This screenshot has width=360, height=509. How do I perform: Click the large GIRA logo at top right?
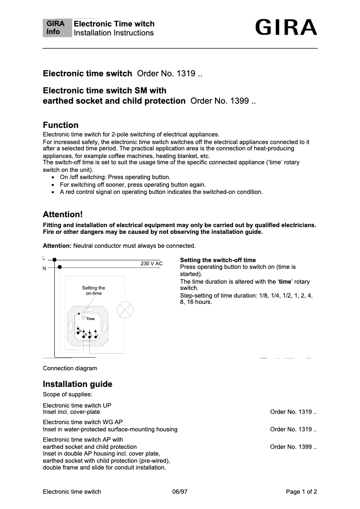286,27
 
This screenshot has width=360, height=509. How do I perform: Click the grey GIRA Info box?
57,28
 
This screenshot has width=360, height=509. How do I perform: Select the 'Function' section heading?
61,125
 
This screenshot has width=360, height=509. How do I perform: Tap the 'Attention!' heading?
63,214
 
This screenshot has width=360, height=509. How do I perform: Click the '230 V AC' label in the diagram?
152,263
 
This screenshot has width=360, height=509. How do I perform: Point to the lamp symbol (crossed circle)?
125,310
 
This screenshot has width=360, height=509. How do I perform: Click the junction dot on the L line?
54,259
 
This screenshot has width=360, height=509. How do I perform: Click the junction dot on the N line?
59,267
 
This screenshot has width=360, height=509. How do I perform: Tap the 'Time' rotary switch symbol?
84,317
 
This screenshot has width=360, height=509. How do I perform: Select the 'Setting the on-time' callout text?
93,290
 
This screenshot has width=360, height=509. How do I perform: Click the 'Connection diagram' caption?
70,369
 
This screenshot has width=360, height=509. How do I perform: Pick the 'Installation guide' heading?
77,384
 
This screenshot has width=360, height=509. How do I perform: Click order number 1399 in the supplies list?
294,447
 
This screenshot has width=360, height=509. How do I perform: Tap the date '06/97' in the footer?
180,491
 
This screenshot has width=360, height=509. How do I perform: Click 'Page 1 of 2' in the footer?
301,491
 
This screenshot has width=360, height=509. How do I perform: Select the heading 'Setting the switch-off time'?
218,260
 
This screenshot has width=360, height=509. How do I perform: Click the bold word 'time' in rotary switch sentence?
285,281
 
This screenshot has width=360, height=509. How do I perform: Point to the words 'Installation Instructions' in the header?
114,33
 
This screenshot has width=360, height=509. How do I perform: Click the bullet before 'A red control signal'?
54,192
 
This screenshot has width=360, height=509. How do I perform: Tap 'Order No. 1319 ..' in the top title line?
170,73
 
